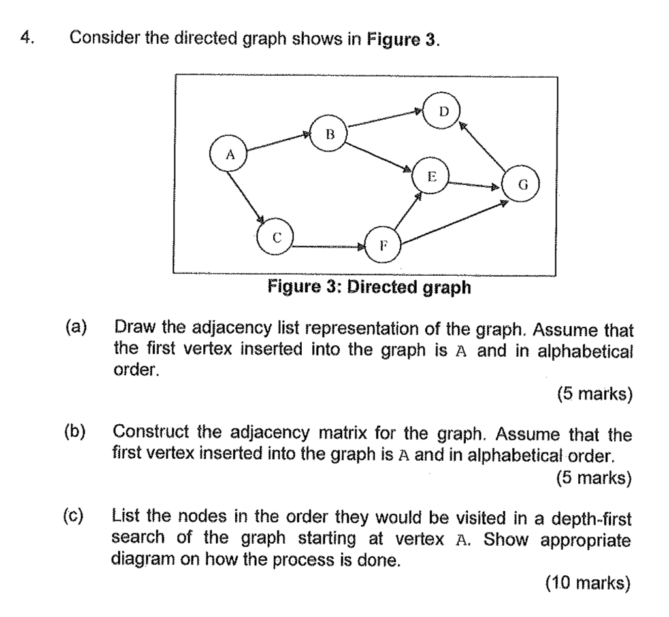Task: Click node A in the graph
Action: pos(229,155)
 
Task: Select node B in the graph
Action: pos(329,135)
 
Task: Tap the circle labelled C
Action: pos(276,239)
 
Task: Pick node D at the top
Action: pos(443,111)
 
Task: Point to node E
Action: pos(431,176)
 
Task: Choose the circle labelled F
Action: pos(383,246)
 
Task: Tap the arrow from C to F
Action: pos(329,248)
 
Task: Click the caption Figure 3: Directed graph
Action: pos(369,288)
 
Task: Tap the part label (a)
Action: pos(75,326)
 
